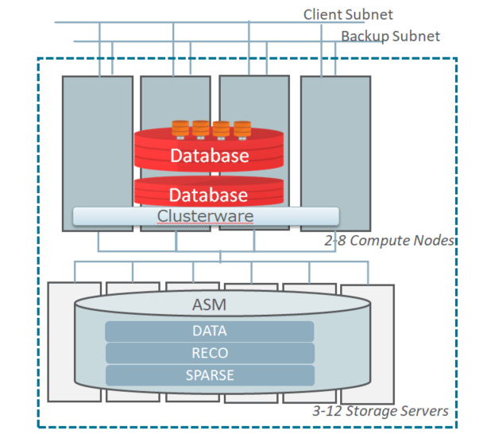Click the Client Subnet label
click(348, 14)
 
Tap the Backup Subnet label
click(389, 36)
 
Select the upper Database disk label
click(209, 156)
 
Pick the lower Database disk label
click(209, 195)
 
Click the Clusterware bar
click(206, 215)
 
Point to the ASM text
click(209, 304)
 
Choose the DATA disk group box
click(209, 331)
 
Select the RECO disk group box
click(209, 353)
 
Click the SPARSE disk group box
click(209, 374)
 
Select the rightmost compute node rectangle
click(334, 151)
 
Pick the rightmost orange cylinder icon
click(241, 128)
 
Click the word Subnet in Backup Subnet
click(415, 36)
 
